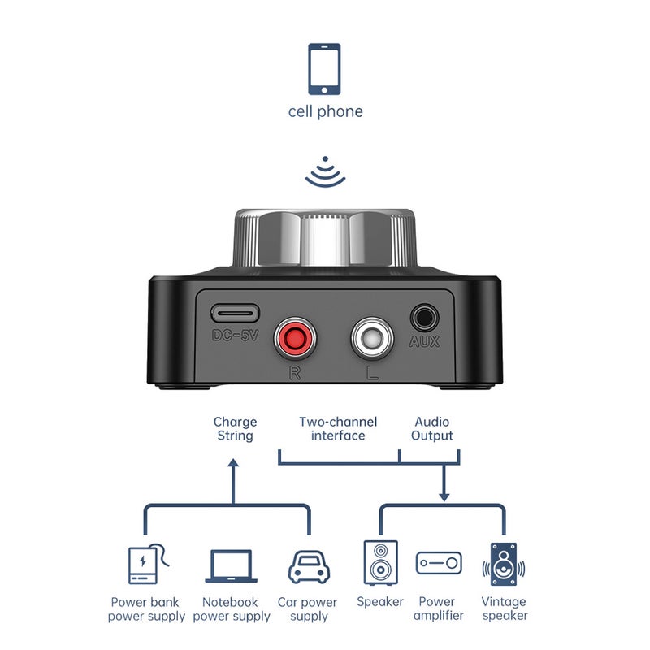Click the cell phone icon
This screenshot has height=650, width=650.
click(x=324, y=69)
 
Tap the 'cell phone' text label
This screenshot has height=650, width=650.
click(x=326, y=111)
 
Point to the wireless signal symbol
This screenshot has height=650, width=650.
click(x=326, y=172)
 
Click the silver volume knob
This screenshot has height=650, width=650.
click(x=324, y=237)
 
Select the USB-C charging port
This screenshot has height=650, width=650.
click(x=235, y=314)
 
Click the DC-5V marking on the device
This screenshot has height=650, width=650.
click(x=235, y=335)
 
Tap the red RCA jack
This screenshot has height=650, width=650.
click(x=295, y=338)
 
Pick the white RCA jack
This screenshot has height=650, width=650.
click(x=372, y=338)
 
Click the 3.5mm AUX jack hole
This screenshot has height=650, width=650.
click(x=424, y=318)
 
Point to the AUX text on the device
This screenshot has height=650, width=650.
click(x=424, y=341)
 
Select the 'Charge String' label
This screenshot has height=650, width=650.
click(x=235, y=429)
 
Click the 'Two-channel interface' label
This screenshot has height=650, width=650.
click(x=338, y=429)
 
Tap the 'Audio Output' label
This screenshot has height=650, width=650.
click(x=432, y=429)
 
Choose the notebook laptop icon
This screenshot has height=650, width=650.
click(x=232, y=565)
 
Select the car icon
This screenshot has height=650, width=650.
click(x=309, y=567)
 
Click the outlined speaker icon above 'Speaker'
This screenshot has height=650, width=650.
click(x=380, y=562)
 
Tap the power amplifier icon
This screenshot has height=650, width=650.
click(x=439, y=563)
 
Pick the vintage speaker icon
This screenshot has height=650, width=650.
click(x=504, y=564)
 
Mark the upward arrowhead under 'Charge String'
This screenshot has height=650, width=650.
click(x=233, y=463)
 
